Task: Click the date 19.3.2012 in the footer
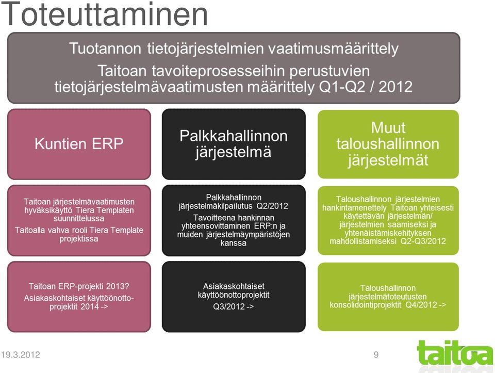(x=21, y=354)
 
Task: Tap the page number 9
(x=376, y=354)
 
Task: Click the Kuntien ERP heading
(x=79, y=144)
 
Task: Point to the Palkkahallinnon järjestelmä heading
(x=234, y=144)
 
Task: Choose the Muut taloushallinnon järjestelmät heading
(x=388, y=144)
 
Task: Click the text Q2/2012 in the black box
(x=272, y=206)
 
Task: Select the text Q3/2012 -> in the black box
(x=233, y=306)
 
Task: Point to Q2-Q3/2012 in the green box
(x=423, y=241)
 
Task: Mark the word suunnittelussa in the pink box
(x=79, y=219)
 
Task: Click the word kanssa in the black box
(x=233, y=243)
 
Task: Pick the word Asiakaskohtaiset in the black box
(x=234, y=286)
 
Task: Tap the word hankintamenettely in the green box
(x=354, y=208)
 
